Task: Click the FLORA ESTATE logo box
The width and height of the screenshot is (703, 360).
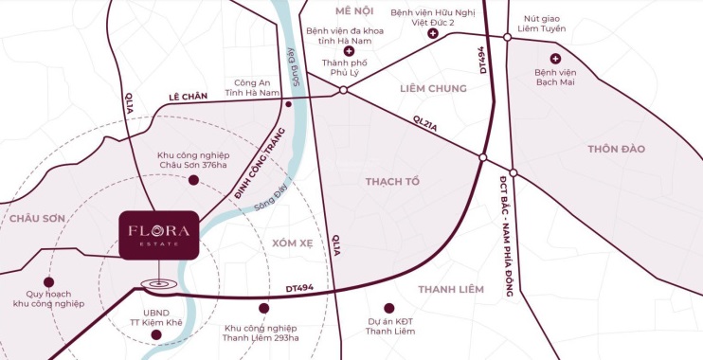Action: pyautogui.click(x=159, y=233)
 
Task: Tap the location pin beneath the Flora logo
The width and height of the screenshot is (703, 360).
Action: pyautogui.click(x=157, y=283)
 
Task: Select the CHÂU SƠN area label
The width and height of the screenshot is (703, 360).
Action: pyautogui.click(x=38, y=218)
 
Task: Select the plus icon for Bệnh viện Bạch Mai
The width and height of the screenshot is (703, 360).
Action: pyautogui.click(x=555, y=59)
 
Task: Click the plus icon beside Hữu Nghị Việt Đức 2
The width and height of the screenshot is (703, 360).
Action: pyautogui.click(x=433, y=34)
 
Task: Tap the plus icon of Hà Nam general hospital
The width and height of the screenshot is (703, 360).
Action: pyautogui.click(x=350, y=50)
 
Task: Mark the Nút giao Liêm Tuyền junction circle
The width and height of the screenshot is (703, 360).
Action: pyautogui.click(x=508, y=37)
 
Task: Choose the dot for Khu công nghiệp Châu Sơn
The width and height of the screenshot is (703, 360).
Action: pyautogui.click(x=193, y=179)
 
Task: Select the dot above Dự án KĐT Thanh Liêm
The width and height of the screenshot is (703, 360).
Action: pyautogui.click(x=388, y=308)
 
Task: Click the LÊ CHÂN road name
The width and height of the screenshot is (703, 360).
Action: pyautogui.click(x=187, y=97)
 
